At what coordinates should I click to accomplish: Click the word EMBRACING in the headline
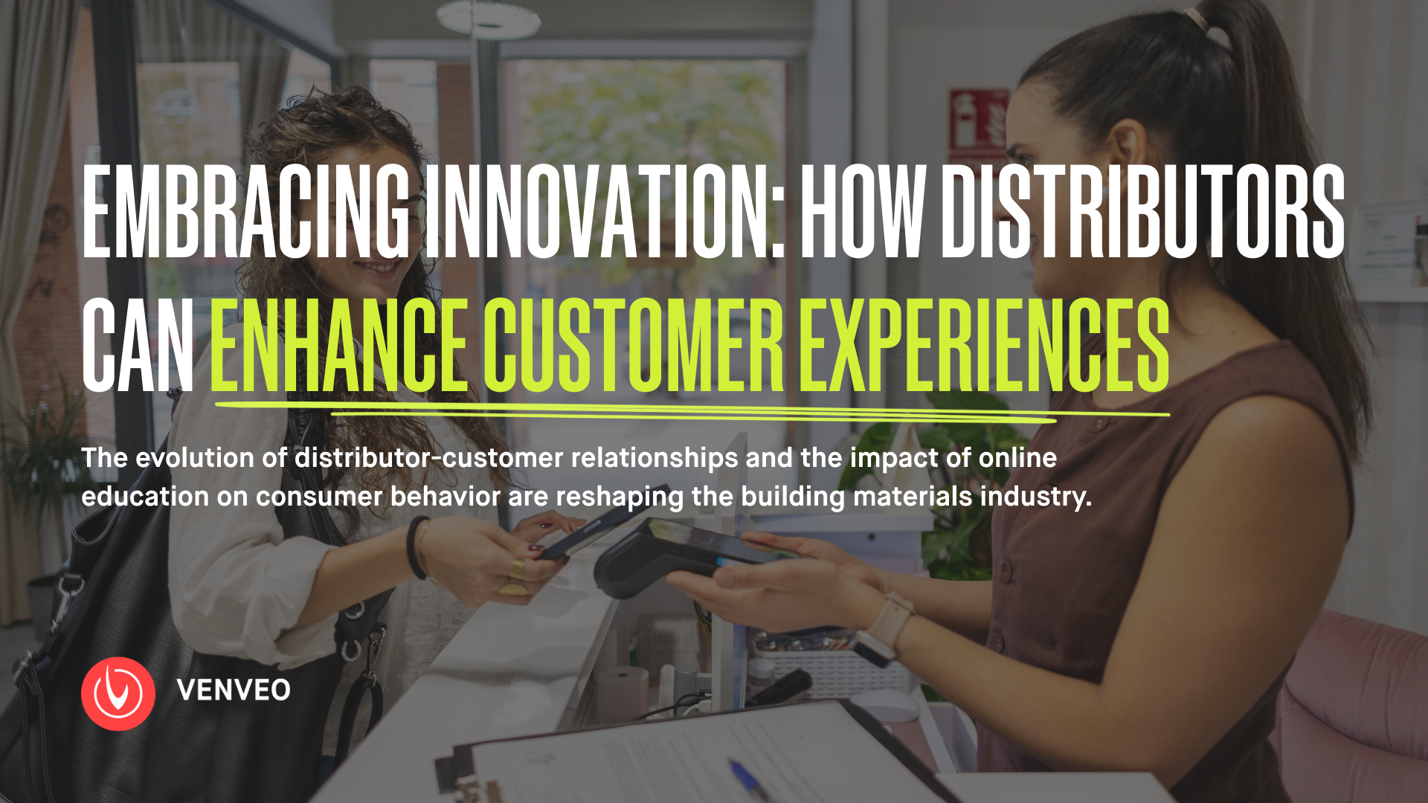tap(246, 211)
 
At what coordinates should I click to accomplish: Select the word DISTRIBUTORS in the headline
tap(1143, 211)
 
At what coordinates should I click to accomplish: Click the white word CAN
tap(138, 345)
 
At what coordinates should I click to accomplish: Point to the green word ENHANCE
tap(339, 345)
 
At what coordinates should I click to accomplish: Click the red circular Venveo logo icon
tap(118, 693)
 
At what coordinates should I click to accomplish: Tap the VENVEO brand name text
tap(234, 690)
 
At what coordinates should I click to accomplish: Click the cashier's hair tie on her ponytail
tap(1194, 16)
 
